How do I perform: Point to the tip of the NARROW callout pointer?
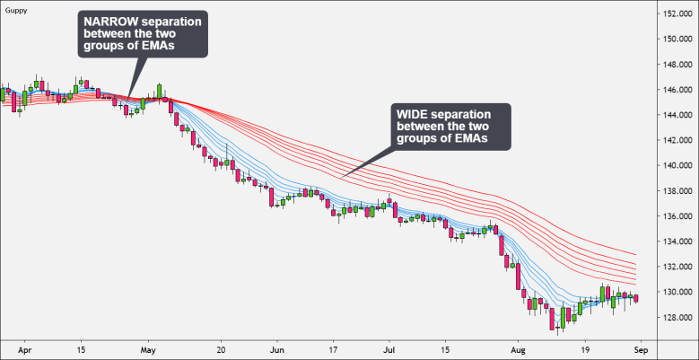129,99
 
